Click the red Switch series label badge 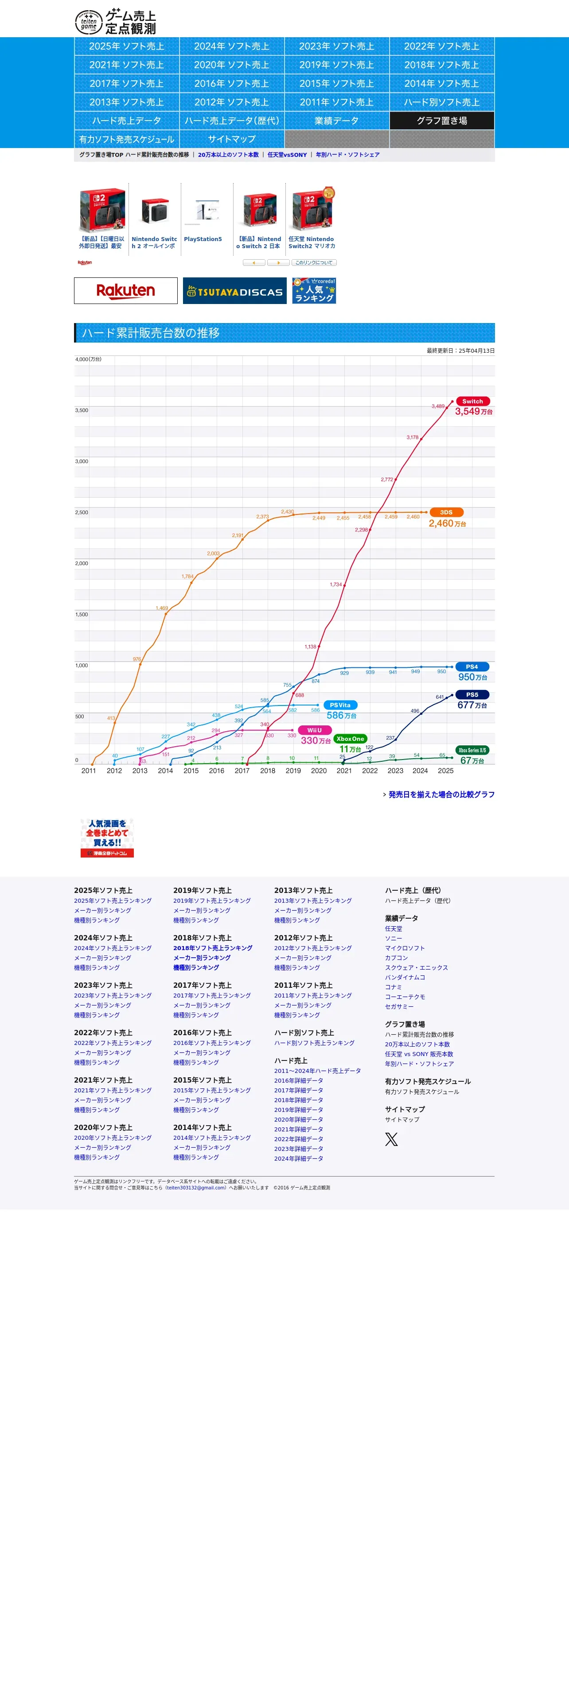coord(472,401)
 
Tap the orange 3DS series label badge coord(446,512)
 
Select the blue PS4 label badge coord(472,666)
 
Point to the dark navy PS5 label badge coord(472,694)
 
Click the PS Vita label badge coord(340,705)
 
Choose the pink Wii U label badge coord(315,730)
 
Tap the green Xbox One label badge coord(350,739)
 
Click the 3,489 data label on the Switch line coord(438,406)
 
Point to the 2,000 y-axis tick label coord(82,563)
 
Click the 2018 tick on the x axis coord(268,771)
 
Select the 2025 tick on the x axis coord(446,771)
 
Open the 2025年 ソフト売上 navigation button coord(126,47)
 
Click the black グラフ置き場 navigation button coord(442,121)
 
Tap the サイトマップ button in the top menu coord(232,139)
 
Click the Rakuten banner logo coord(126,290)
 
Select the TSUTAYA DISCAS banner coord(234,291)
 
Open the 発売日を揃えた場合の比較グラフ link coord(441,795)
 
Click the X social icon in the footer coord(391,1139)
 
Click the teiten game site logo coord(115,22)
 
